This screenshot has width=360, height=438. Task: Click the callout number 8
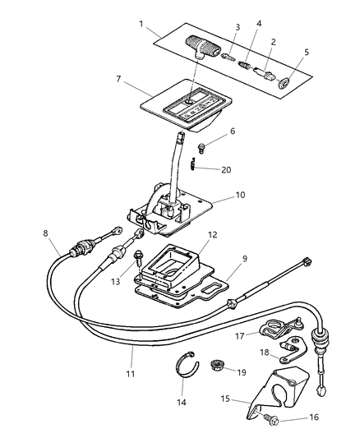(x=46, y=233)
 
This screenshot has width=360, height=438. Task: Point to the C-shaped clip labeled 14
(x=192, y=362)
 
